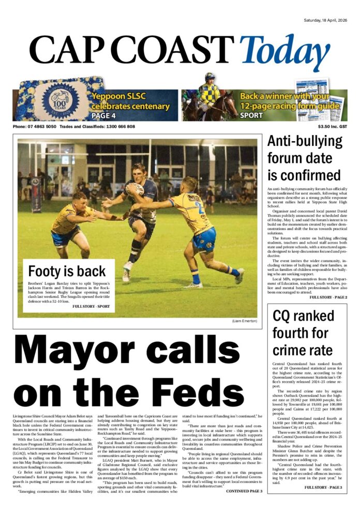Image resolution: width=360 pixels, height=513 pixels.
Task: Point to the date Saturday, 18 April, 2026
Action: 325,20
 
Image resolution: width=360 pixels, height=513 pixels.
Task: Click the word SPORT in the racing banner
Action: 251,116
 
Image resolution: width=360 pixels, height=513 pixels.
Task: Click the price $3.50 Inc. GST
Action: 333,127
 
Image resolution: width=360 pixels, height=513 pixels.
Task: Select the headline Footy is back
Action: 67,271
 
